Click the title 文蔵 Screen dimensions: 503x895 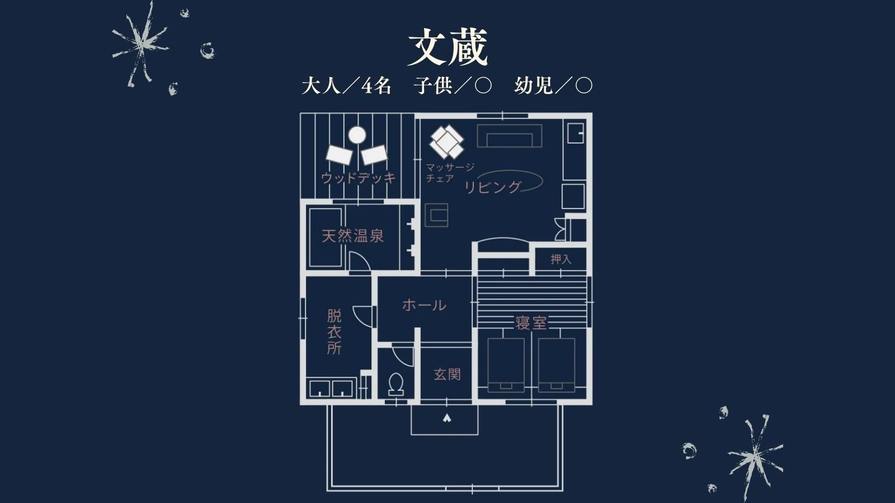point(447,48)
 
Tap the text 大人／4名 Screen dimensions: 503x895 point(346,86)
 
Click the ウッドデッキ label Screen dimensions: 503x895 point(359,178)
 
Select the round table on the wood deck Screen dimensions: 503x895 point(357,135)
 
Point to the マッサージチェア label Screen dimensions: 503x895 point(449,172)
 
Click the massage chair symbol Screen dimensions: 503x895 point(447,142)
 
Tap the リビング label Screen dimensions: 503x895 point(493,187)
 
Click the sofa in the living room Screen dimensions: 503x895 point(510,136)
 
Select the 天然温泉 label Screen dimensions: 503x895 point(352,236)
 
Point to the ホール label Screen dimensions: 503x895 point(424,305)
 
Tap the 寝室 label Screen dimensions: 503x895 point(531,323)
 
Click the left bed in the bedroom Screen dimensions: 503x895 point(506,364)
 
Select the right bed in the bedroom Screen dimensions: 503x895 point(557,364)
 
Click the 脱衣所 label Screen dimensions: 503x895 point(334,332)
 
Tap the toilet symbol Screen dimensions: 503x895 point(396,383)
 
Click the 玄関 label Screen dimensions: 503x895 point(447,374)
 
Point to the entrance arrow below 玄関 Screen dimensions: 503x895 point(446,418)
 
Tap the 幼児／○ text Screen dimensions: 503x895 point(553,86)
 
